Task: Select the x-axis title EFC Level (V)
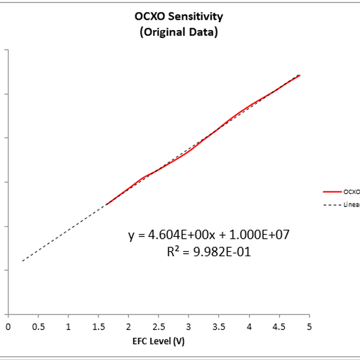click(158, 343)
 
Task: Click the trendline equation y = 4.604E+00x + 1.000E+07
click(209, 235)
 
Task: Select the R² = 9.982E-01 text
click(209, 252)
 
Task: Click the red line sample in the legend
click(332, 192)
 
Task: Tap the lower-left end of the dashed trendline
click(22, 261)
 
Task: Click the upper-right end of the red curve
click(299, 76)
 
